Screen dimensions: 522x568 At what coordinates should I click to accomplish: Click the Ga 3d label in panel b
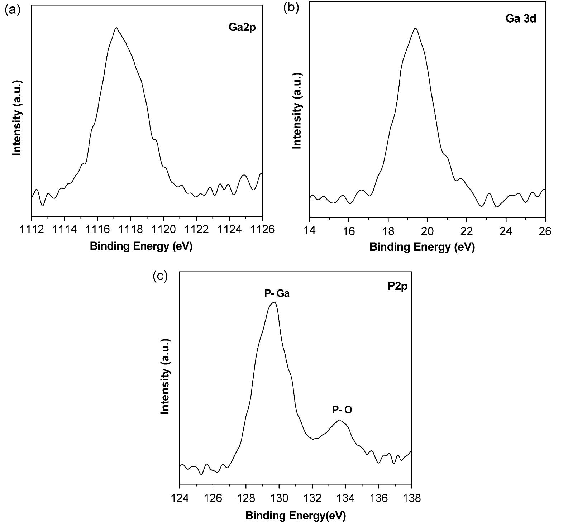click(521, 19)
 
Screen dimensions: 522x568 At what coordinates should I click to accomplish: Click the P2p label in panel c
click(397, 287)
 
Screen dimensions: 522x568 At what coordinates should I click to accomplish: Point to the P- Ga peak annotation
click(277, 294)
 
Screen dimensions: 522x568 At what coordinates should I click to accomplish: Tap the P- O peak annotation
click(342, 410)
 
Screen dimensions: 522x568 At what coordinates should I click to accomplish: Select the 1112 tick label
click(32, 229)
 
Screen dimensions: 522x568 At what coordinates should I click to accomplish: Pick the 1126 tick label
click(262, 229)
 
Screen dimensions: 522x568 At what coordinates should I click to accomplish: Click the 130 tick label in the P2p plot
click(279, 498)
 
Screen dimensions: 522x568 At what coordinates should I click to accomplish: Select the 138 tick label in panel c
click(411, 498)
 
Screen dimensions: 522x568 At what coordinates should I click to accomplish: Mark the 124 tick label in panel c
click(180, 498)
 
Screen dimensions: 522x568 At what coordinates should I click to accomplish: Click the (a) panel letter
click(13, 10)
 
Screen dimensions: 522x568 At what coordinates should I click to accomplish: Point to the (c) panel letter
click(160, 276)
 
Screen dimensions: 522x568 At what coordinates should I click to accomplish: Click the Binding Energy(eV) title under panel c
click(296, 516)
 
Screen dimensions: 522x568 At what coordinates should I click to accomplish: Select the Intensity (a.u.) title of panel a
click(17, 118)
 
